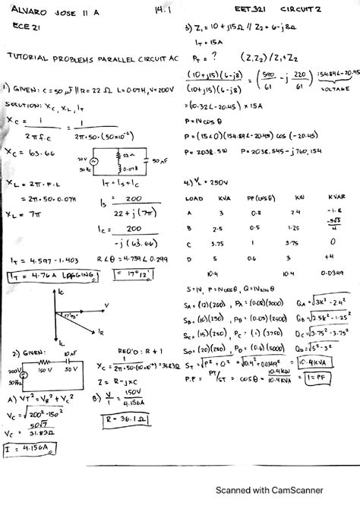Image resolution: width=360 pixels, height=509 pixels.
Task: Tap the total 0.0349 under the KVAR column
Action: click(332, 273)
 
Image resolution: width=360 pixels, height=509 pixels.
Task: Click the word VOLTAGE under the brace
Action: click(333, 89)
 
